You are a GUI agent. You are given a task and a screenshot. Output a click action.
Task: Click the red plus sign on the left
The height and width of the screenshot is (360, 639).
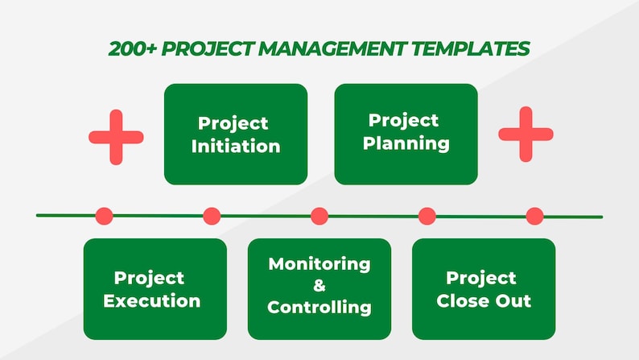tap(116, 136)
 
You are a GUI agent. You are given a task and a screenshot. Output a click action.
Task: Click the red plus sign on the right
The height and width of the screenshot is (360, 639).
tap(526, 134)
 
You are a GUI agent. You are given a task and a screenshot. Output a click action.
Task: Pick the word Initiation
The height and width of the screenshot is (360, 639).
tap(236, 147)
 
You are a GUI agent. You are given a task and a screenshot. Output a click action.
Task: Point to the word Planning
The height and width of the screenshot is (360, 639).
tap(406, 144)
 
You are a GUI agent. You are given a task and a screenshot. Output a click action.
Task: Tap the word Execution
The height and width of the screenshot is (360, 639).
tap(152, 301)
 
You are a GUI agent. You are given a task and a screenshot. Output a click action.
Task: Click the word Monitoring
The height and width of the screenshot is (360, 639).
tap(319, 264)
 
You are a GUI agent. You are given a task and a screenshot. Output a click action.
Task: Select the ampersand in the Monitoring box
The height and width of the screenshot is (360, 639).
tap(319, 286)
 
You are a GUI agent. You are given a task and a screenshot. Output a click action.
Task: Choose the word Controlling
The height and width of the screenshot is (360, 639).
tap(319, 308)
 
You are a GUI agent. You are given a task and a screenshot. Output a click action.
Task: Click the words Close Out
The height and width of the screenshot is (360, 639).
tap(483, 301)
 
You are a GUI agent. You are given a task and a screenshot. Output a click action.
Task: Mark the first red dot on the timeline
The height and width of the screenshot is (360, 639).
tap(104, 216)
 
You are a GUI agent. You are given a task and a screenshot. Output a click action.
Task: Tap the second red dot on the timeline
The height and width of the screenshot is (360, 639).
tap(212, 216)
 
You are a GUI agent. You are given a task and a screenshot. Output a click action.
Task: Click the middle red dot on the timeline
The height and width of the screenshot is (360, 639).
tap(319, 216)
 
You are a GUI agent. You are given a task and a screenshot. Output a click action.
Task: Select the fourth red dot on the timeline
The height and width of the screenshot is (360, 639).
tap(427, 216)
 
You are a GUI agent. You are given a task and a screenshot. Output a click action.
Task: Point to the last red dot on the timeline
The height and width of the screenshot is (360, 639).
tap(535, 216)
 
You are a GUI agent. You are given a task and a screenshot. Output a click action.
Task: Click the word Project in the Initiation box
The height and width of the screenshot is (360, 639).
tap(233, 123)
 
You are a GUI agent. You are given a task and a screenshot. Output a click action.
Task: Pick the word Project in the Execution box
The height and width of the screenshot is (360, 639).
tap(149, 279)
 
